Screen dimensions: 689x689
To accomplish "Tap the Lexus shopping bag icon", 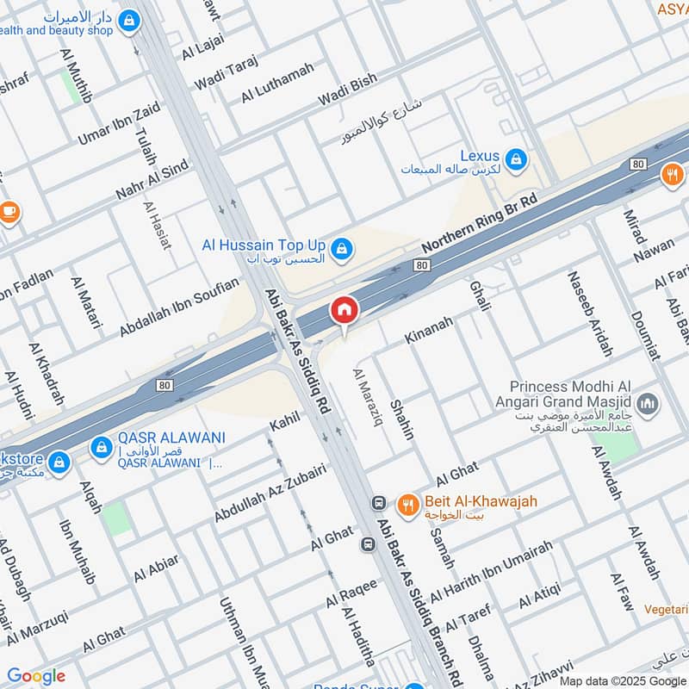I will (x=516, y=158).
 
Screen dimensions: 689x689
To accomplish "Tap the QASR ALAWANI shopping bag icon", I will (x=102, y=447).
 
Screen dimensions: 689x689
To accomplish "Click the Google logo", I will (x=36, y=676).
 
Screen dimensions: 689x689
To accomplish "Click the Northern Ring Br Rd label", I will (x=479, y=224).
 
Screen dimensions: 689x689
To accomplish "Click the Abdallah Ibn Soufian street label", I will (x=178, y=307).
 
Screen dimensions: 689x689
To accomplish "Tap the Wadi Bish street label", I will (x=347, y=91).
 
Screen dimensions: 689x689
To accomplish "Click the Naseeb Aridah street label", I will (x=589, y=313).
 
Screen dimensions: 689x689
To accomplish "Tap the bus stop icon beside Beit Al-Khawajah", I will (x=377, y=502).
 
